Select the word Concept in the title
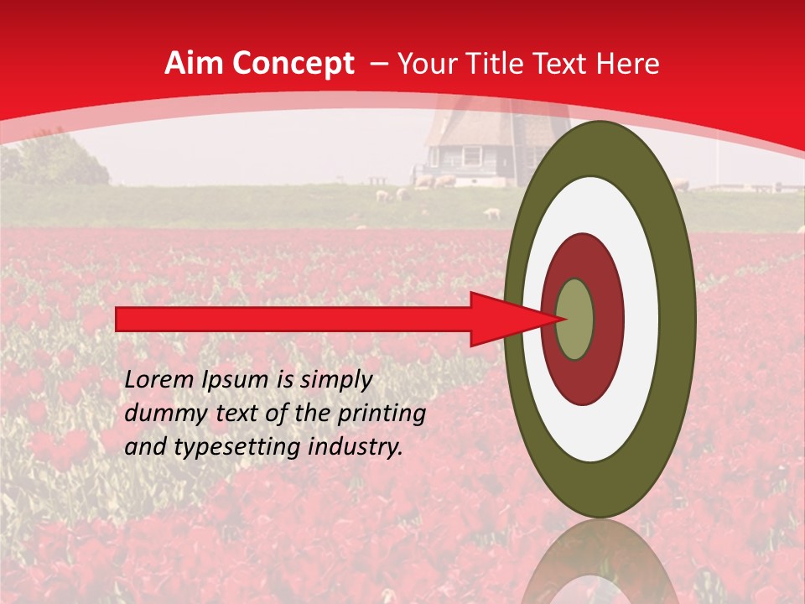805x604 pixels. (x=293, y=64)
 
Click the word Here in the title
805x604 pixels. (x=629, y=64)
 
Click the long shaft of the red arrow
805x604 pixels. (x=293, y=319)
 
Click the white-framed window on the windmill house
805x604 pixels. (x=472, y=156)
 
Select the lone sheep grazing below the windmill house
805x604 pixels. (x=492, y=214)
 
